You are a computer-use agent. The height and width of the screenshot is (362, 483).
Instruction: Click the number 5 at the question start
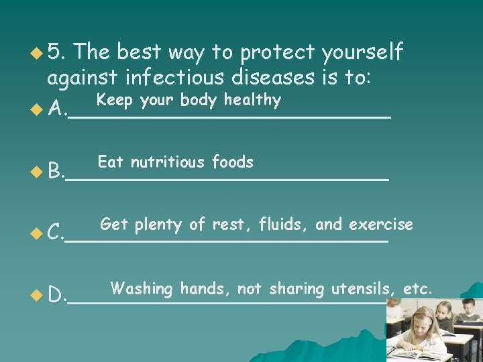56,52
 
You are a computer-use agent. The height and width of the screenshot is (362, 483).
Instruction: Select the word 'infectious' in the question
182,78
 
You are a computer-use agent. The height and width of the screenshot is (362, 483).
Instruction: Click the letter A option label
56,108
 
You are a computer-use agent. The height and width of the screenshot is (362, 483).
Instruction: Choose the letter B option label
55,172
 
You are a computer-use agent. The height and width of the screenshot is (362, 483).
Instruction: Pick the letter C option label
55,233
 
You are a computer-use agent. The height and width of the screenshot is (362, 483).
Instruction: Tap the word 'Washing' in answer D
142,289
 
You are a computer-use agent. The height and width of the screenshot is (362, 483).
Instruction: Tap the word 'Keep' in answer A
111,101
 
